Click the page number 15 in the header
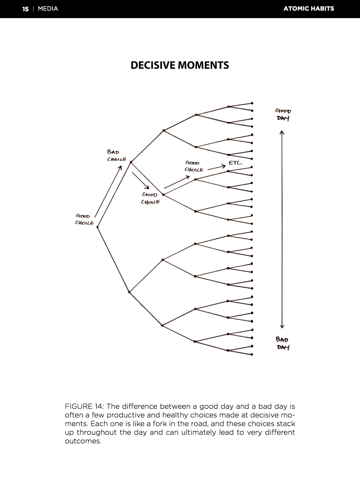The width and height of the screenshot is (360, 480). pyautogui.click(x=25, y=9)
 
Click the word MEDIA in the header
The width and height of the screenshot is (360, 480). pyautogui.click(x=48, y=9)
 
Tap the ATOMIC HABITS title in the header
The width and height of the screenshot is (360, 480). pyautogui.click(x=308, y=9)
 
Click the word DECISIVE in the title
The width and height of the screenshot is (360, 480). pyautogui.click(x=153, y=65)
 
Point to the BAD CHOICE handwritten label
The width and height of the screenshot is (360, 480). pyautogui.click(x=116, y=156)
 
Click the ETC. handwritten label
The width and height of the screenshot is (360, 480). pyautogui.click(x=235, y=163)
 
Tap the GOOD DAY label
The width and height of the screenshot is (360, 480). pyautogui.click(x=283, y=114)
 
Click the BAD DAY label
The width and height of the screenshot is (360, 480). pyautogui.click(x=283, y=343)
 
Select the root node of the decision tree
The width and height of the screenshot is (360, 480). pyautogui.click(x=98, y=227)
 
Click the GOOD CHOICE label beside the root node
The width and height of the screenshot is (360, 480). pyautogui.click(x=84, y=219)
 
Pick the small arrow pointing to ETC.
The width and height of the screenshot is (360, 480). pyautogui.click(x=217, y=167)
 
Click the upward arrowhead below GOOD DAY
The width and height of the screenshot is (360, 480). pyautogui.click(x=282, y=133)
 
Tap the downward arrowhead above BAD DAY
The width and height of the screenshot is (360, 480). pyautogui.click(x=282, y=326)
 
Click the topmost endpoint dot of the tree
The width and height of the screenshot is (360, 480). pyautogui.click(x=252, y=103)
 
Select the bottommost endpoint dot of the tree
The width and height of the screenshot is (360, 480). pyautogui.click(x=252, y=354)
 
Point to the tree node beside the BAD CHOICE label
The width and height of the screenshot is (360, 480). pyautogui.click(x=131, y=162)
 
